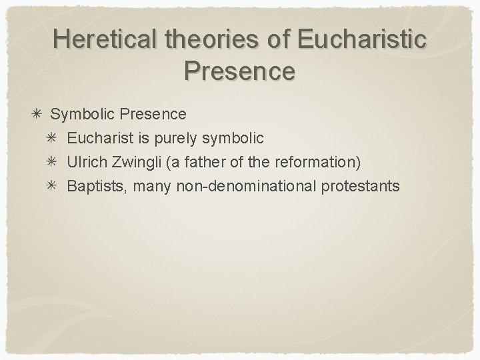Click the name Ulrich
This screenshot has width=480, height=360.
pos(87,161)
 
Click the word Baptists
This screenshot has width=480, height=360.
pos(95,185)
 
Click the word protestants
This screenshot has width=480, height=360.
pos(361,185)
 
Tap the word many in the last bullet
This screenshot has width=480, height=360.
pos(153,186)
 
